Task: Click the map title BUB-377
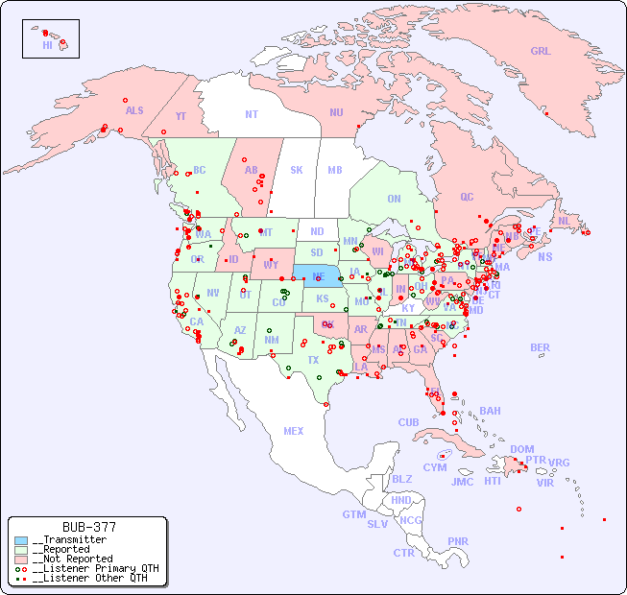88,527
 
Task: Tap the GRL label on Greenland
541,52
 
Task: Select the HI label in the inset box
47,45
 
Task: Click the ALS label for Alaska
134,110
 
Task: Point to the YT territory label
181,115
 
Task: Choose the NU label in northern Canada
336,112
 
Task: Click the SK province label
297,170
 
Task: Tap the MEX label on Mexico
294,431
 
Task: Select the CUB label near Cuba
408,422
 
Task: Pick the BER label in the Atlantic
540,347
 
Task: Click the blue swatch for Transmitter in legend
21,540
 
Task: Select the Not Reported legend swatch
21,559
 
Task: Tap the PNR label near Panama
458,541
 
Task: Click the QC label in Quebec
467,197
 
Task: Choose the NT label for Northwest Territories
251,114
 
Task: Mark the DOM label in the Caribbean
521,449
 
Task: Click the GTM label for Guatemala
353,514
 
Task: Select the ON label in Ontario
394,199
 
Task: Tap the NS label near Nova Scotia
544,256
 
